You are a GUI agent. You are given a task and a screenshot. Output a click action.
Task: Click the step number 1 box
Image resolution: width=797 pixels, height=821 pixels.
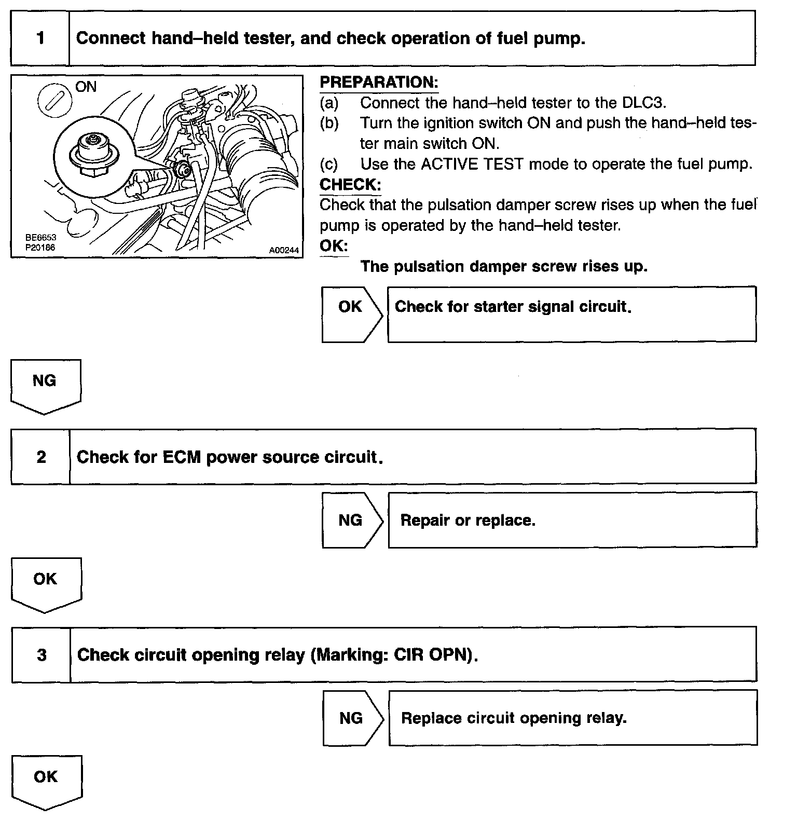tap(40, 38)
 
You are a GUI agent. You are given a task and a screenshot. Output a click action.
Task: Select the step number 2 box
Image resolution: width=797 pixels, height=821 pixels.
tap(41, 457)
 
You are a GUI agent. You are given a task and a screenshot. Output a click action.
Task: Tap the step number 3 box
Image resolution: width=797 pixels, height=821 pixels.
tap(42, 655)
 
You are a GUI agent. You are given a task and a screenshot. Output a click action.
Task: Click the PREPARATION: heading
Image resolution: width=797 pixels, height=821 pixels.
tap(379, 83)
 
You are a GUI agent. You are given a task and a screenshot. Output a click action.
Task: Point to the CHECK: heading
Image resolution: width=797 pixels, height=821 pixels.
tap(350, 185)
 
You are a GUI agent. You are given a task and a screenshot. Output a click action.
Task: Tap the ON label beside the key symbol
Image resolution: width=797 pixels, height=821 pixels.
tap(86, 87)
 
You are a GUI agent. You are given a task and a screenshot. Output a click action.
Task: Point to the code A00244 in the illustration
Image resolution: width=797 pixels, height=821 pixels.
tap(284, 250)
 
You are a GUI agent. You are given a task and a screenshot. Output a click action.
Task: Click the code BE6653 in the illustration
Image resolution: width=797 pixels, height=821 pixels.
tap(40, 238)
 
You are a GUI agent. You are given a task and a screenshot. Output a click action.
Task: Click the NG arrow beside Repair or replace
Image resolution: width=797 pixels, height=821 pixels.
tap(352, 520)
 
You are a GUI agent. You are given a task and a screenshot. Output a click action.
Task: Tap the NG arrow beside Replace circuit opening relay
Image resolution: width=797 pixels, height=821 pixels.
tap(352, 718)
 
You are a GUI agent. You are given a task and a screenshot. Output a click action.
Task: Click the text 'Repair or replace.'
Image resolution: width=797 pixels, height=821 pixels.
tap(468, 521)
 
